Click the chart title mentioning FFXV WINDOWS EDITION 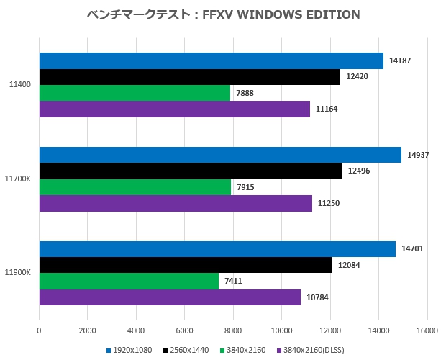pyautogui.click(x=222, y=14)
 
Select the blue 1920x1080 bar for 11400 pyautogui.click(x=211, y=61)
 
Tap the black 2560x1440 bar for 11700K pyautogui.click(x=191, y=171)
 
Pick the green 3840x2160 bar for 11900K pyautogui.click(x=129, y=282)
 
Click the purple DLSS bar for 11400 pyautogui.click(x=174, y=109)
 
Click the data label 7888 pyautogui.click(x=245, y=93)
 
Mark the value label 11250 pyautogui.click(x=328, y=203)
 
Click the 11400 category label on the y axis pyautogui.click(x=19, y=85)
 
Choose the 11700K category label pyautogui.click(x=17, y=179)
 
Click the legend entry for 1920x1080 pyautogui.click(x=132, y=350)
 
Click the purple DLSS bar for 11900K pyautogui.click(x=170, y=297)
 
